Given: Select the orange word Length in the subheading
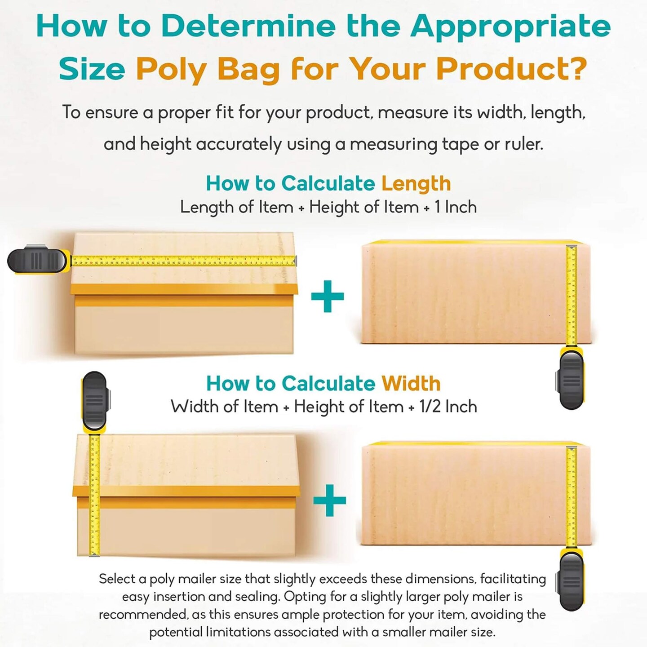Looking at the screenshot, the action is pyautogui.click(x=416, y=183).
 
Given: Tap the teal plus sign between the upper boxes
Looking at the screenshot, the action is pyautogui.click(x=328, y=296).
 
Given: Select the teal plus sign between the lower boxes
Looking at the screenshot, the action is pyautogui.click(x=329, y=500).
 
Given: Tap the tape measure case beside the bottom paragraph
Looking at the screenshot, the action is pyautogui.click(x=571, y=580).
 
